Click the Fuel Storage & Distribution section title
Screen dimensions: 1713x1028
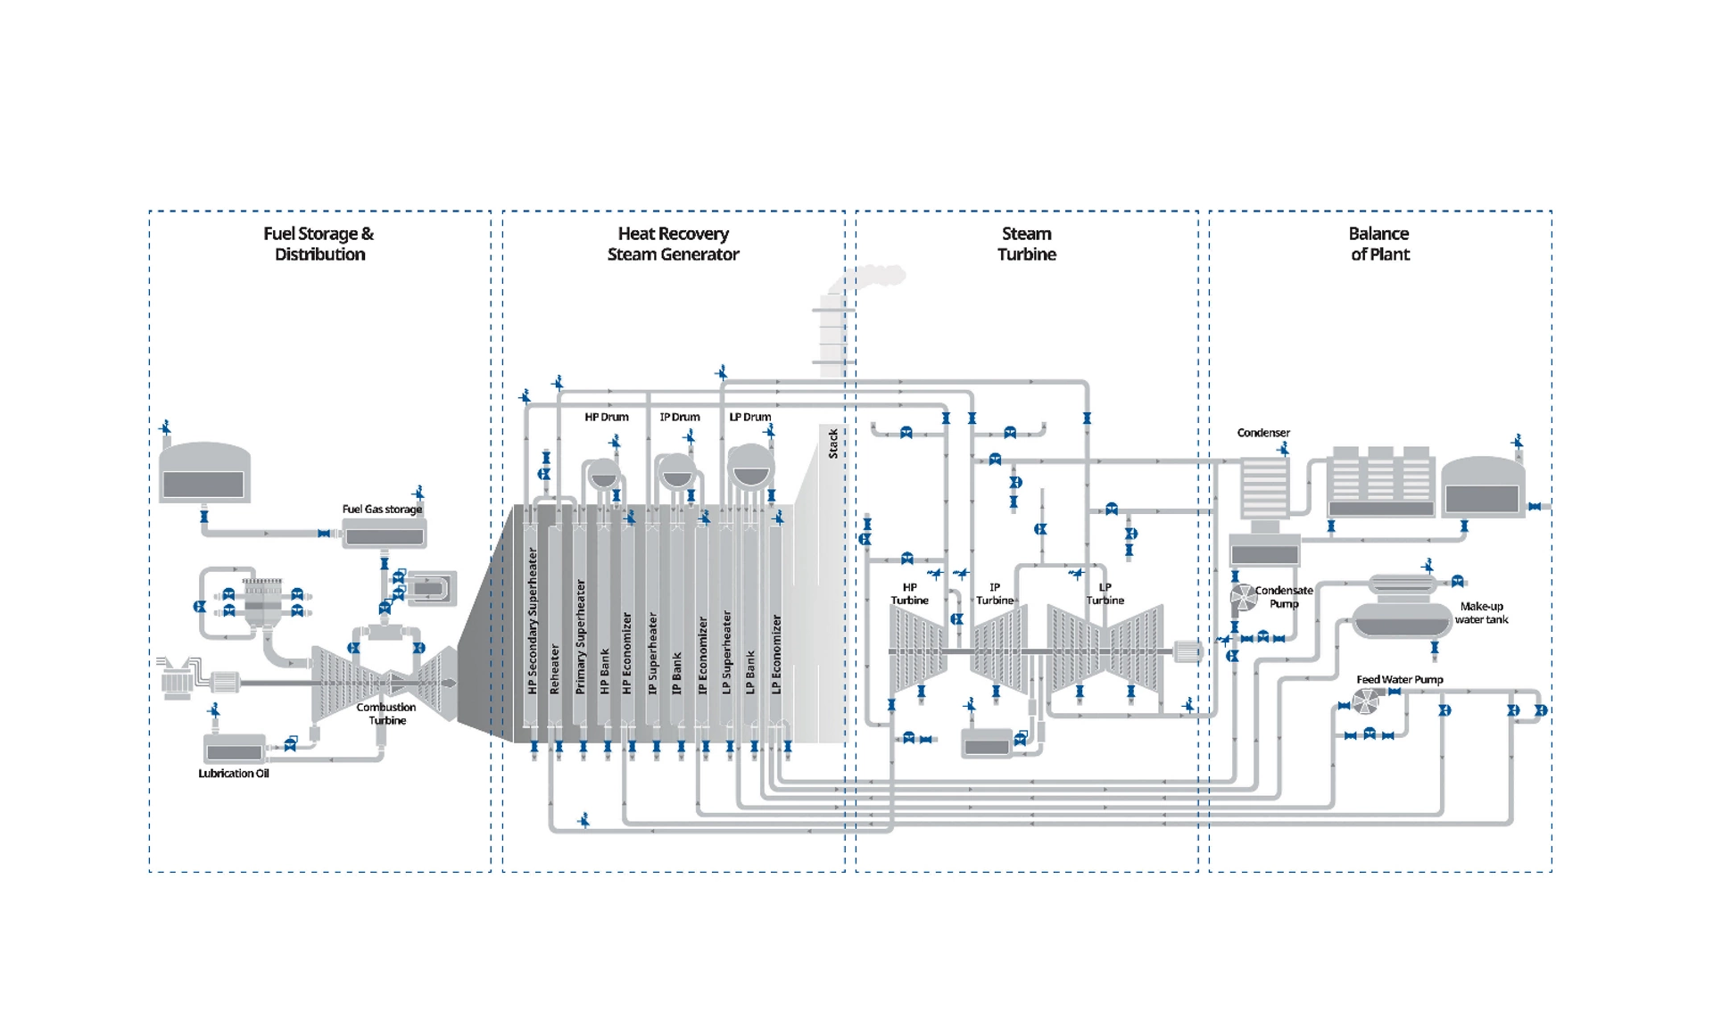[319, 244]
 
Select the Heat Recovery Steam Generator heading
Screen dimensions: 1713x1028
[674, 244]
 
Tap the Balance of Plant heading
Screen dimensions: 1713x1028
[1379, 244]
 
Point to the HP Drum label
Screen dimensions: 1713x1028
[607, 417]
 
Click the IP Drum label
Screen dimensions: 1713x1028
[680, 417]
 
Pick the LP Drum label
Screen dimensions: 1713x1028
[750, 417]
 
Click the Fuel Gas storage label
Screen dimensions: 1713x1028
[382, 510]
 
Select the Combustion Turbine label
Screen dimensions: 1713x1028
[386, 714]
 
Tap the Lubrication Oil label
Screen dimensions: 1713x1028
[234, 774]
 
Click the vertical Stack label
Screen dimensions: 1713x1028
[833, 444]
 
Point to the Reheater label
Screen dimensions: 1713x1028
[555, 669]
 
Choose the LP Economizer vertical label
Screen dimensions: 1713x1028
[776, 654]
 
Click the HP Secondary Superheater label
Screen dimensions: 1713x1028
[533, 621]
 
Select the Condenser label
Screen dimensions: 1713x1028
[1263, 433]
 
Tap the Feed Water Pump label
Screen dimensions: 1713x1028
[1400, 680]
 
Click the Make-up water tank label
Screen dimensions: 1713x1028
[1482, 613]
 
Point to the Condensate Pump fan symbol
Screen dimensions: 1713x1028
[1244, 597]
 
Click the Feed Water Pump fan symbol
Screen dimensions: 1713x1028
[1365, 702]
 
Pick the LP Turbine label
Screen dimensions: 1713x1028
[1105, 594]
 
